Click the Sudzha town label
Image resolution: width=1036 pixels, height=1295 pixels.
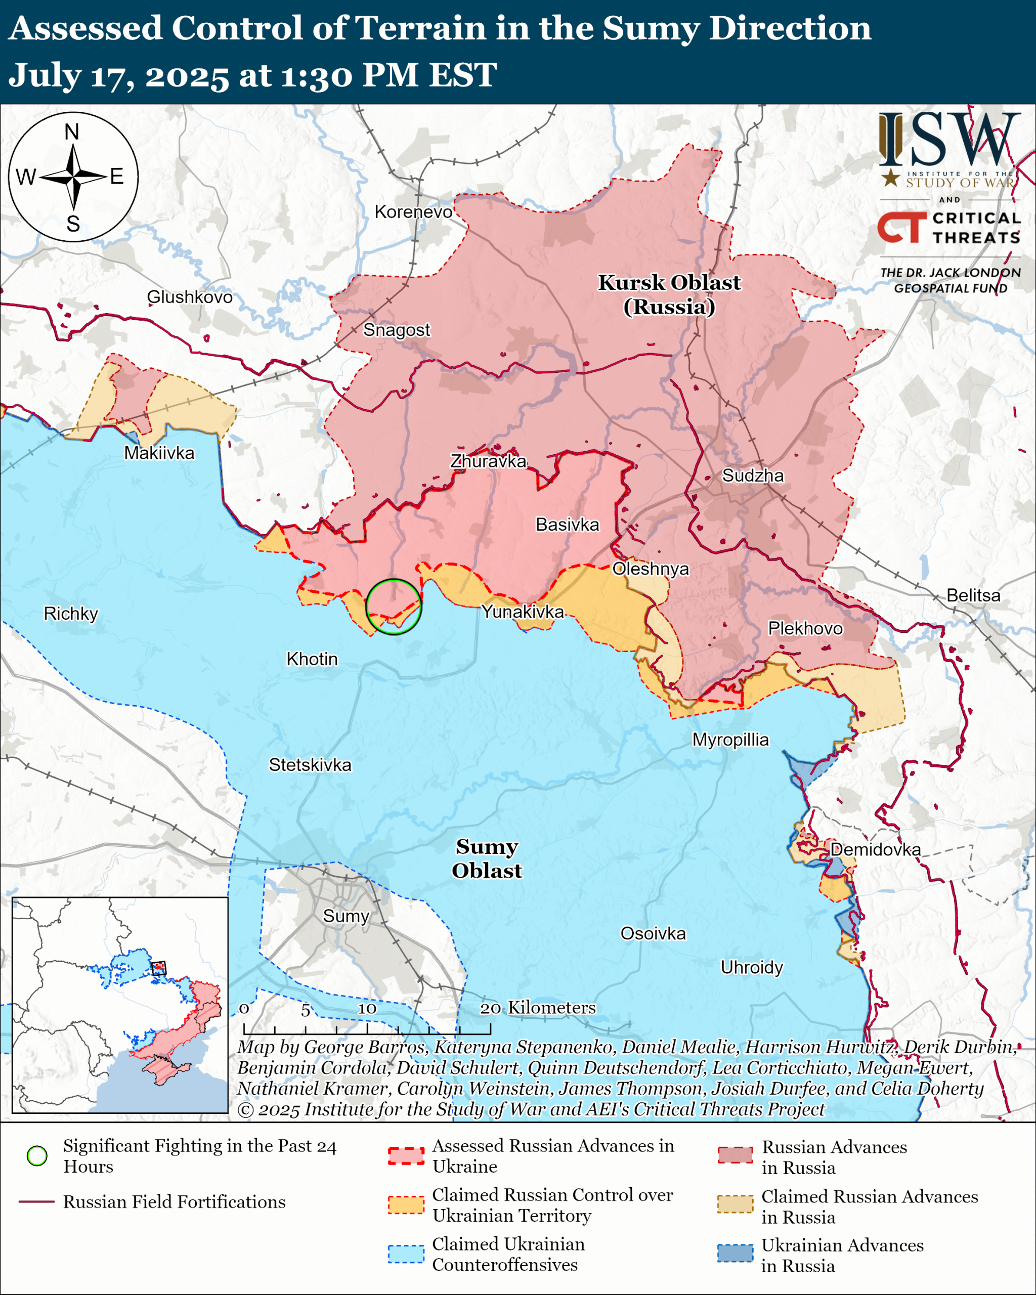[753, 476]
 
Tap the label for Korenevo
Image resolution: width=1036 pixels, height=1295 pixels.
[413, 211]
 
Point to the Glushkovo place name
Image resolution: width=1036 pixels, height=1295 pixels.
[190, 297]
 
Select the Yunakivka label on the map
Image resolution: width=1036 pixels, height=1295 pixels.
[523, 612]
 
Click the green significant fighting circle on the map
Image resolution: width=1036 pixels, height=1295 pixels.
[394, 607]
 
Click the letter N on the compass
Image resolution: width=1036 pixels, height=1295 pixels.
[72, 132]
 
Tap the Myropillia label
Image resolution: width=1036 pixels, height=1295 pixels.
[730, 740]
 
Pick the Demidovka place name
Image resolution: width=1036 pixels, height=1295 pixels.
[875, 849]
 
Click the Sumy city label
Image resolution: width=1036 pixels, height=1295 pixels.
[346, 916]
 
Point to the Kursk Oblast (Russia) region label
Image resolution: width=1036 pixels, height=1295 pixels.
[669, 294]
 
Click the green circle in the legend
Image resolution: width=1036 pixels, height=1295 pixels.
[37, 1156]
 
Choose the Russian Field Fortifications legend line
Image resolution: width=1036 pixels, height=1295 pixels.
[37, 1202]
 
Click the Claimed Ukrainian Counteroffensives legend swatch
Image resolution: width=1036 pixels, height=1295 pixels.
[406, 1254]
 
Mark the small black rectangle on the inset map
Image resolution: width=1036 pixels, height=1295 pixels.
[158, 968]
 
